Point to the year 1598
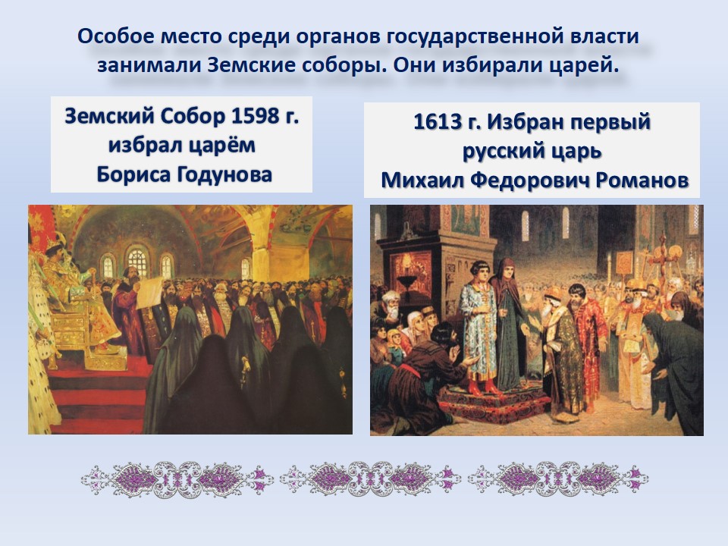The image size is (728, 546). coord(253,116)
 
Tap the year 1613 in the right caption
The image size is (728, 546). coord(436,122)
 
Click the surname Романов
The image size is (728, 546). coord(642,180)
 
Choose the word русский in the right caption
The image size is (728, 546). coord(501,152)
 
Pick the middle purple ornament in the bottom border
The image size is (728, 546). coord(370,479)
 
